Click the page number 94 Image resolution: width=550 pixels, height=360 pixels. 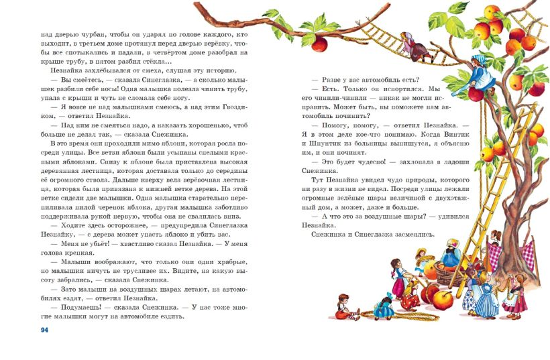[45, 330]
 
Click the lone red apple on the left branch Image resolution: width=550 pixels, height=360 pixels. [319, 44]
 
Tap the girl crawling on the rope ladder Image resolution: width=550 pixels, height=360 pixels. [408, 42]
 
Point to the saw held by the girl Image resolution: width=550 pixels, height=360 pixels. [467, 85]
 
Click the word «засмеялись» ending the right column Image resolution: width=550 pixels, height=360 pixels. [412, 235]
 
